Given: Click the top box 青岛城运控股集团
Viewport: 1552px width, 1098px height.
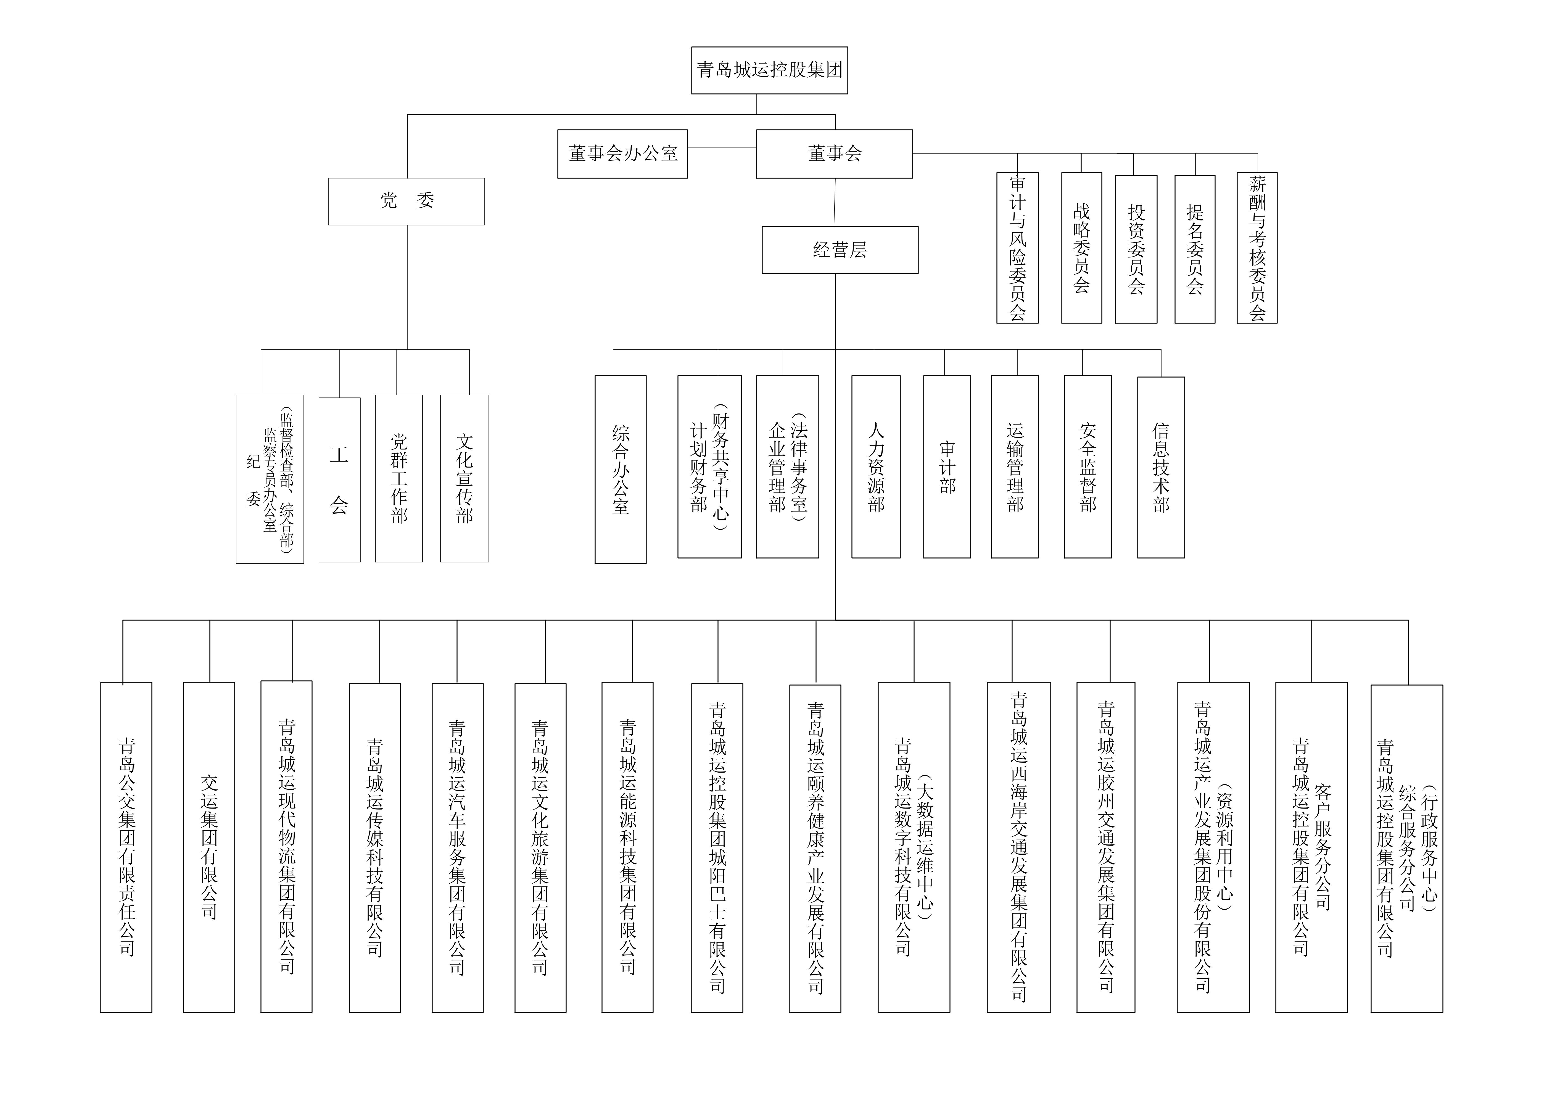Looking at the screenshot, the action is (x=769, y=70).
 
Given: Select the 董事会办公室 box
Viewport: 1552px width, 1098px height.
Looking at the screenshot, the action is (x=622, y=154).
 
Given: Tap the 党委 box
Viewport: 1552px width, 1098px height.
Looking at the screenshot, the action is (x=406, y=201).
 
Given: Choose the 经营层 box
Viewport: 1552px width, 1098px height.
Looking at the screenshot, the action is (x=840, y=250).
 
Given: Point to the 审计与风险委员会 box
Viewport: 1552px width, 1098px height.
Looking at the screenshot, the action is (x=1017, y=248).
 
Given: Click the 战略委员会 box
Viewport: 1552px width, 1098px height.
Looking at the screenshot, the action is (x=1081, y=248).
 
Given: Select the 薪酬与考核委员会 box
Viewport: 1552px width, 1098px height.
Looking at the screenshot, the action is (x=1257, y=248).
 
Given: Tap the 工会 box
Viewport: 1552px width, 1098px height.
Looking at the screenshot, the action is (x=339, y=480).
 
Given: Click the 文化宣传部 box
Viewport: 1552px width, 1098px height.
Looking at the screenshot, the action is (x=464, y=479).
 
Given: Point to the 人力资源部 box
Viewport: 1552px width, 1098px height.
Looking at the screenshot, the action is (x=876, y=467).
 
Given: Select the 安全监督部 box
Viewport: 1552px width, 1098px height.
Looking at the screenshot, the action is (x=1088, y=467).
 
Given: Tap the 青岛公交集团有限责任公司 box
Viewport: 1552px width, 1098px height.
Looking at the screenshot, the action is (x=126, y=847).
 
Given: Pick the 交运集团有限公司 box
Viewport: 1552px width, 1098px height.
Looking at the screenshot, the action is (x=209, y=847).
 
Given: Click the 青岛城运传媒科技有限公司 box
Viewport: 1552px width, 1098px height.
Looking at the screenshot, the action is (x=374, y=848).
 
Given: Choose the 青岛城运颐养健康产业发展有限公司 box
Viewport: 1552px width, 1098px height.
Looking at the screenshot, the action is (x=815, y=849).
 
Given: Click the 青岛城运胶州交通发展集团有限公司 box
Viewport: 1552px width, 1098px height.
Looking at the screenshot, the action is (x=1106, y=847).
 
